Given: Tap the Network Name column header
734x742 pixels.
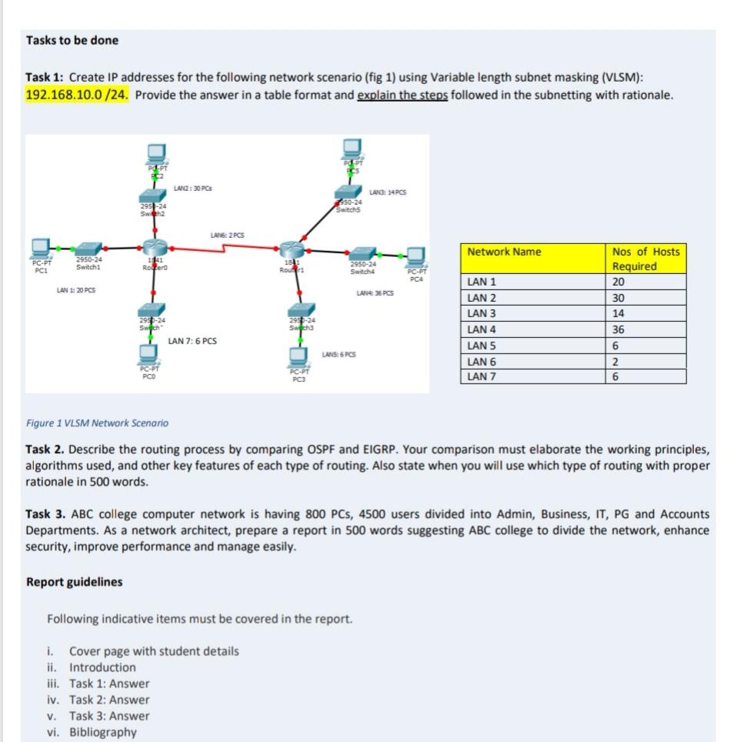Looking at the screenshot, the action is [504, 252].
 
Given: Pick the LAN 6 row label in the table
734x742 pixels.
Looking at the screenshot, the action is [482, 361].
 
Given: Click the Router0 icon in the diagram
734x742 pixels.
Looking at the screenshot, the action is [151, 249].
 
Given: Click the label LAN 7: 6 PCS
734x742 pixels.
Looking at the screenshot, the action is [192, 340].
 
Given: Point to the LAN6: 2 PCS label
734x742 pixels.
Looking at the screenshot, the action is [228, 235].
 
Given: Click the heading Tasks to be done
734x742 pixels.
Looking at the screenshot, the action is [72, 40].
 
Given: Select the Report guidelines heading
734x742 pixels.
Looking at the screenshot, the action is [74, 582].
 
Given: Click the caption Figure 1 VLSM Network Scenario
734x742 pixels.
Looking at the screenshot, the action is [97, 423].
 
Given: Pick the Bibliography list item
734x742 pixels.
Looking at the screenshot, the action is [102, 732].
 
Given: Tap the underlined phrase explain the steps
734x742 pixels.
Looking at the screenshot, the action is [402, 95].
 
